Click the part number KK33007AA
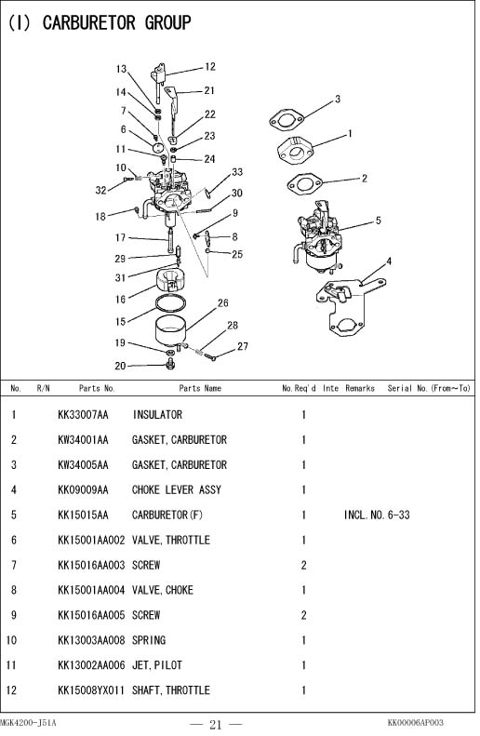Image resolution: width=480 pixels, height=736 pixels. [83, 415]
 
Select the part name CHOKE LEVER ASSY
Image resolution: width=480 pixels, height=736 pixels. [177, 490]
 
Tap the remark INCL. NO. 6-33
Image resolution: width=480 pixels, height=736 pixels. [377, 515]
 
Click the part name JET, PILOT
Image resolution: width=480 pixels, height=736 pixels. [156, 665]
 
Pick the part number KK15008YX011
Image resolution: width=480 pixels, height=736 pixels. [91, 690]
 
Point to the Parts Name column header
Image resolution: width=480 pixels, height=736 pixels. [200, 388]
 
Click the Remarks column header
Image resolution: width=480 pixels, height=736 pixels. [360, 388]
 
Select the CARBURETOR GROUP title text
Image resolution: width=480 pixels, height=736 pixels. [117, 22]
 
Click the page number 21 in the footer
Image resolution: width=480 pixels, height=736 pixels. [216, 725]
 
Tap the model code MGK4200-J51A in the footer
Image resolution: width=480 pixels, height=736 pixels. [28, 723]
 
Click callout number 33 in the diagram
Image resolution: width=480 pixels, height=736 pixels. [237, 172]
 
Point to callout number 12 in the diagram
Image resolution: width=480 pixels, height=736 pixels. [209, 67]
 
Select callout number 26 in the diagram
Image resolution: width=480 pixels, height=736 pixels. [223, 302]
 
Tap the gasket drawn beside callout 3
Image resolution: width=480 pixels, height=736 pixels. [287, 120]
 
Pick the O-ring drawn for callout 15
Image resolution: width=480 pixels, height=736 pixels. [170, 297]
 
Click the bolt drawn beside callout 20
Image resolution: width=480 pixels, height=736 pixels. [171, 362]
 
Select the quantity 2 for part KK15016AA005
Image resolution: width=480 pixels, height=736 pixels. [303, 615]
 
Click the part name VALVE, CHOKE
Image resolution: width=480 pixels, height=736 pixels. [163, 590]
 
